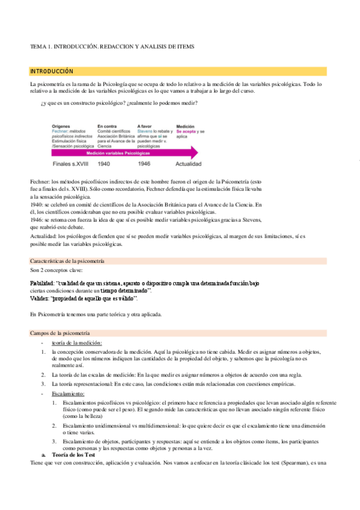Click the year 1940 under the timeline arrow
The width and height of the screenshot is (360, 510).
[104, 164]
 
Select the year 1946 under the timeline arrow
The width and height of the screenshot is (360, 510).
[144, 164]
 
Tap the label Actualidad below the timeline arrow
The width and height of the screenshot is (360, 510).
[188, 164]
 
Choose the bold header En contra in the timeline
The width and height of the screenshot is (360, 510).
[106, 127]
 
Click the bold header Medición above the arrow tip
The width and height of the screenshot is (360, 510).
[185, 127]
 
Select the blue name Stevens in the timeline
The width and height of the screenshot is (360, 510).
[145, 132]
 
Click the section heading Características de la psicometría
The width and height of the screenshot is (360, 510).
[67, 261]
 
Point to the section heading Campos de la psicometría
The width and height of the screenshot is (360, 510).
[59, 333]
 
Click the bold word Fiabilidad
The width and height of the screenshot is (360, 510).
[41, 283]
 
